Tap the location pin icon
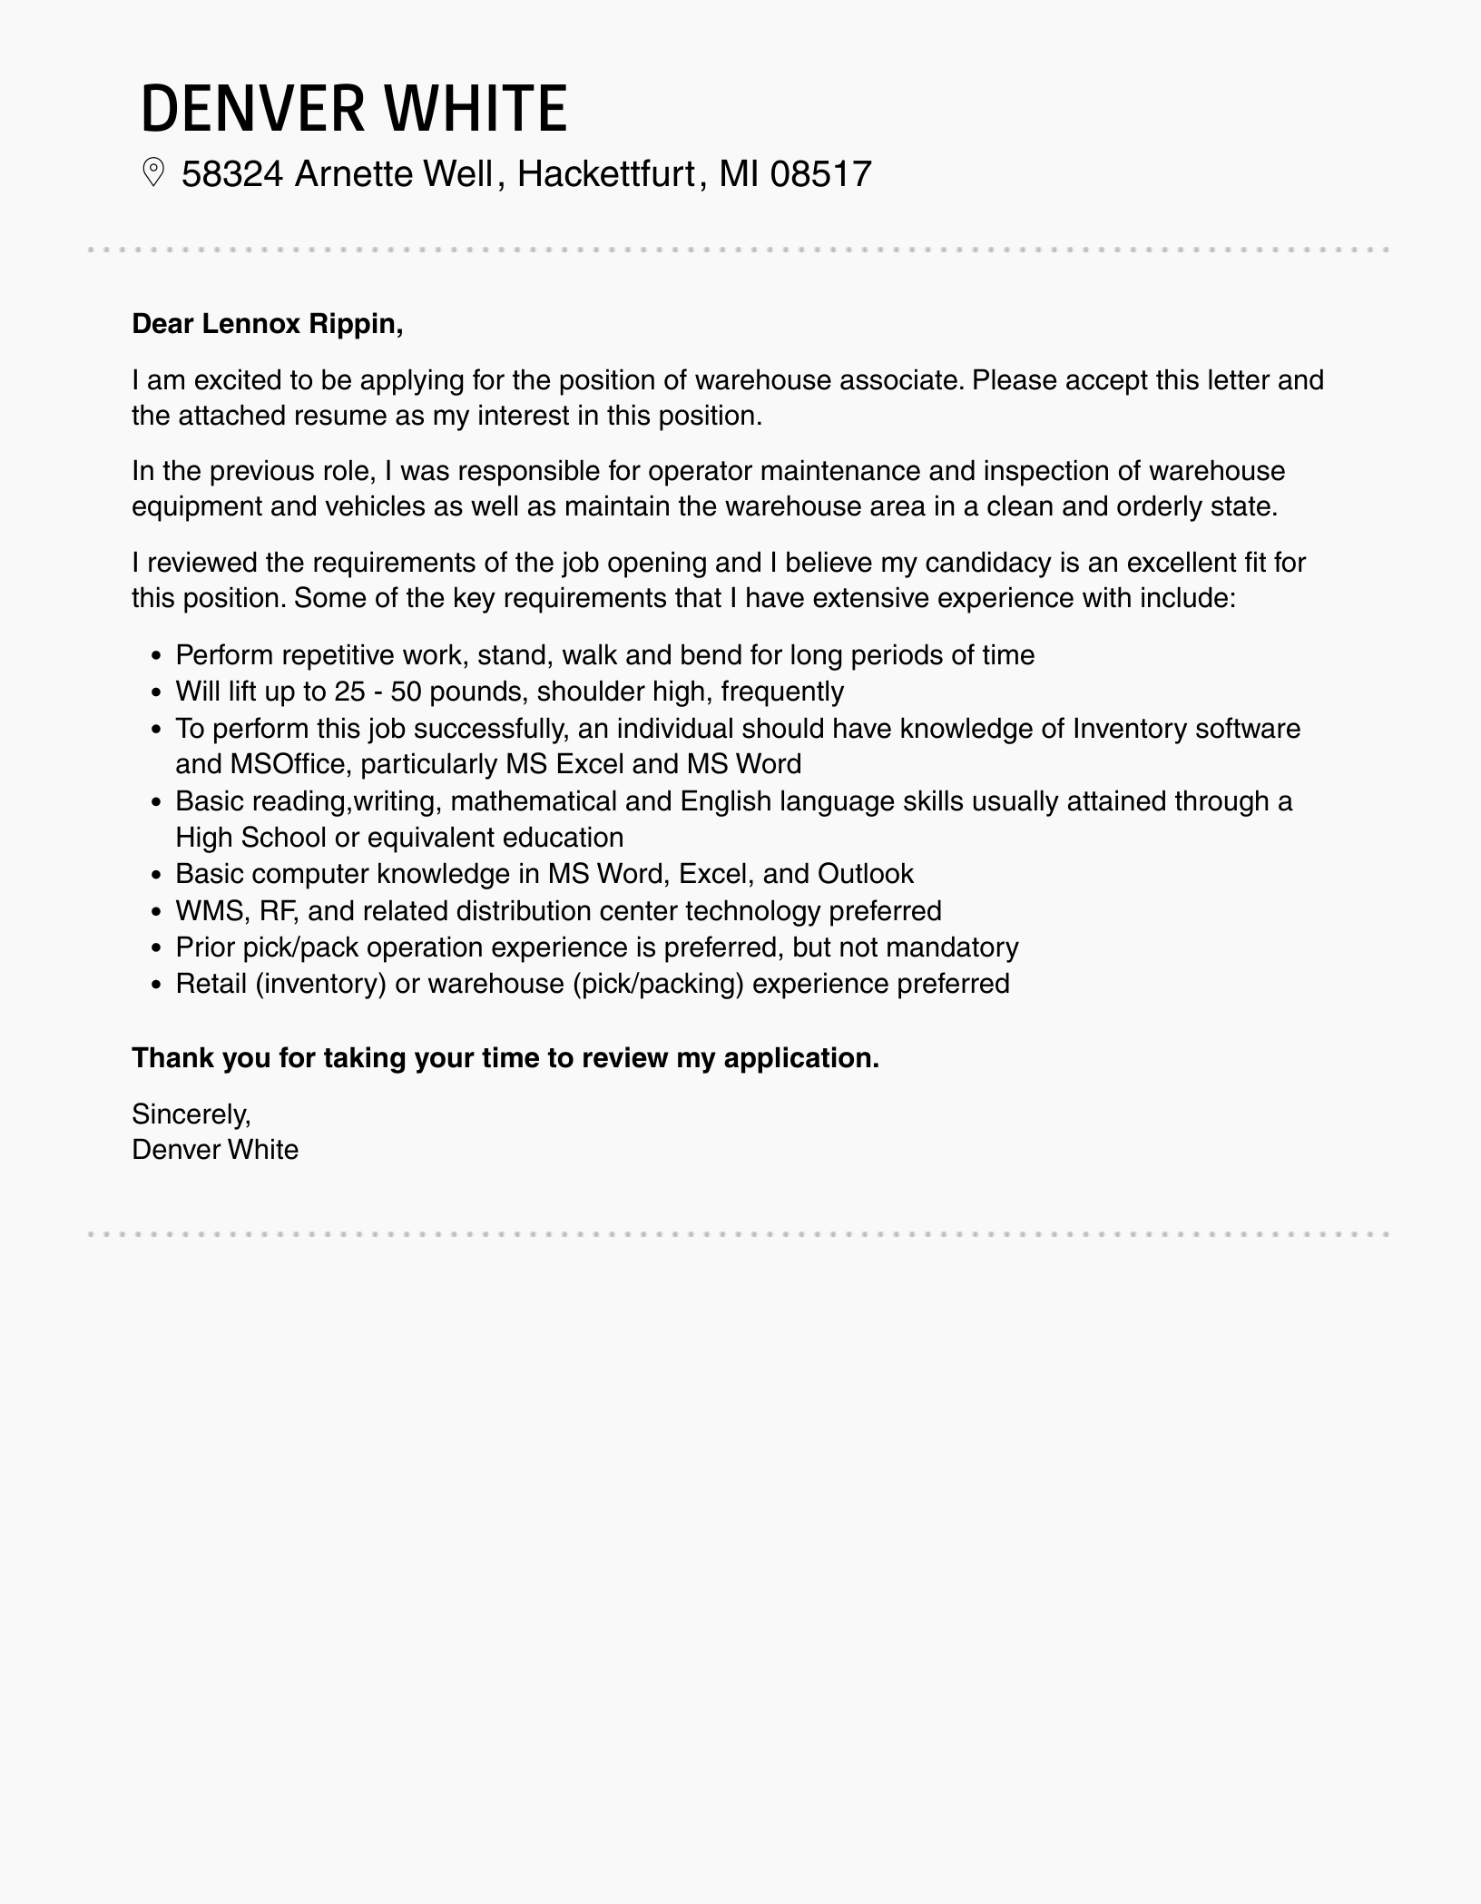[153, 172]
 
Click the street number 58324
[232, 173]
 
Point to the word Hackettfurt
[605, 173]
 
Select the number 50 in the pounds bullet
[405, 692]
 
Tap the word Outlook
[865, 874]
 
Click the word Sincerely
[191, 1114]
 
